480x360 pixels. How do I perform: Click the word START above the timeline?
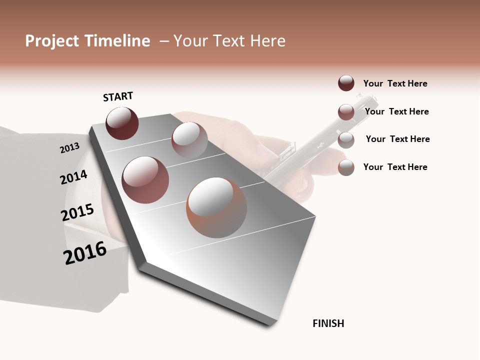pos(118,96)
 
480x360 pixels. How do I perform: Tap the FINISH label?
pos(328,323)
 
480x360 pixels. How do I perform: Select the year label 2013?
pos(69,148)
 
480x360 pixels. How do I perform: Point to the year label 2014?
pos(73,177)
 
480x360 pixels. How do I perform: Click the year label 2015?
pos(77,212)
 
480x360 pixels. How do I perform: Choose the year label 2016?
pos(85,253)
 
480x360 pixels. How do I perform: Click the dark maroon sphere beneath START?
pos(122,123)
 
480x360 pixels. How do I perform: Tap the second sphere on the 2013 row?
pos(189,139)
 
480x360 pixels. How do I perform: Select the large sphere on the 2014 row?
pos(145,179)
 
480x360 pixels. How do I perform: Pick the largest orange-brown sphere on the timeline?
pos(216,207)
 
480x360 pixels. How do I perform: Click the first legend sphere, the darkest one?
pos(346,83)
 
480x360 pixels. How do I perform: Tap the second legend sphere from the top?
pos(346,112)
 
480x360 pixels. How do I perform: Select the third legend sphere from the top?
pos(346,139)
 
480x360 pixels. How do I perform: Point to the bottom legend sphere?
pos(346,167)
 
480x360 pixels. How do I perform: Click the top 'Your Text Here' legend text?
pos(395,83)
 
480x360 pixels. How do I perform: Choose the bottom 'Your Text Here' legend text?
pos(395,167)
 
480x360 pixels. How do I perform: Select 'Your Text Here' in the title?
pos(229,41)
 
